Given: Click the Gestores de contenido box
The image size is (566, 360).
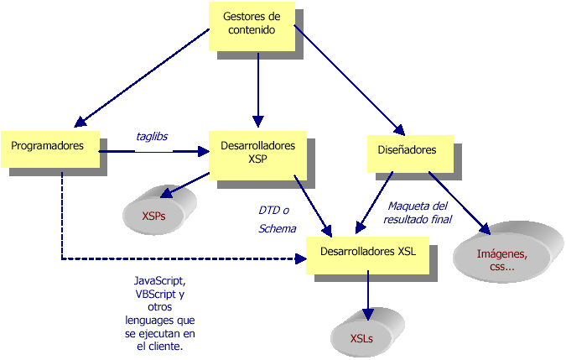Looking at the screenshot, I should click(252, 23).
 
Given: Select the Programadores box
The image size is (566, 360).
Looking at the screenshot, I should click(49, 146).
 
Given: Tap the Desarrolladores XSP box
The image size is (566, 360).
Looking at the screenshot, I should click(257, 152).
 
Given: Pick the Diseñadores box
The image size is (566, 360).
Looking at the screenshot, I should click(402, 150).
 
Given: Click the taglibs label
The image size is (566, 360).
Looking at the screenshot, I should click(153, 135).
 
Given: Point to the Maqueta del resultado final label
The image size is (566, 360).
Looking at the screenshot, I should click(418, 212).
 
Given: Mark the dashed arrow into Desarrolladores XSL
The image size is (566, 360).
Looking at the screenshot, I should click(168, 258).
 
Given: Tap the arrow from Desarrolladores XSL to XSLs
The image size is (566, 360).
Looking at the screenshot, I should click(366, 295).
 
